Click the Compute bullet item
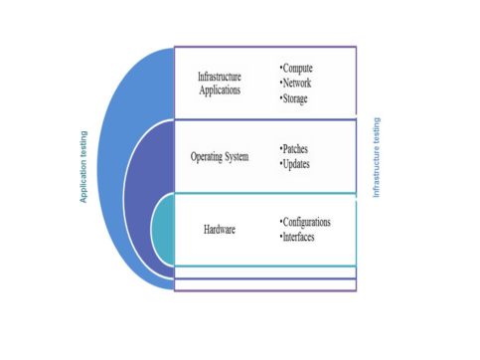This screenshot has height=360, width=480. coord(298,69)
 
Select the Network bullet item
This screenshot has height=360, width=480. coord(297,84)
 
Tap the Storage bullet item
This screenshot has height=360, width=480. coord(297,98)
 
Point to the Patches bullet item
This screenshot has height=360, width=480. coord(296,148)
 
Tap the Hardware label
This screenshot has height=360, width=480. coord(220,230)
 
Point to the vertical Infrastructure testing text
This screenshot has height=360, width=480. coord(376,158)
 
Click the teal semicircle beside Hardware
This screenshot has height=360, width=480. coord(162,231)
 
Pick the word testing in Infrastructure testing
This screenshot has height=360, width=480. coord(376,133)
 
